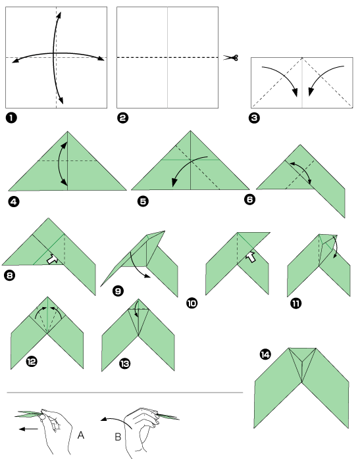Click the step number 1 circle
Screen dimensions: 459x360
point(11,118)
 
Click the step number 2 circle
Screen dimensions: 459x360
point(122,118)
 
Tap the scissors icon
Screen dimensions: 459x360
point(230,58)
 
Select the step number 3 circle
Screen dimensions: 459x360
point(255,118)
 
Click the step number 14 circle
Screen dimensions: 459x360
point(265,355)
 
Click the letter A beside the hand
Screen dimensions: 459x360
point(81,435)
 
